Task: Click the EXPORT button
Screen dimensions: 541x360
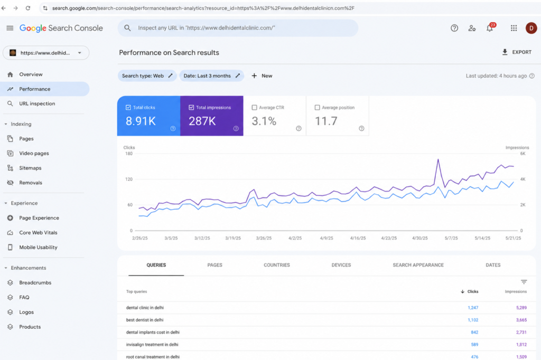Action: pyautogui.click(x=517, y=52)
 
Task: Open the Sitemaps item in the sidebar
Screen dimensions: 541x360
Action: pyautogui.click(x=30, y=168)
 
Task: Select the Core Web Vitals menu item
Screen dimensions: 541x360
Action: pyautogui.click(x=38, y=232)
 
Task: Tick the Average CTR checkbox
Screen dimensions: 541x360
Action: pyautogui.click(x=254, y=108)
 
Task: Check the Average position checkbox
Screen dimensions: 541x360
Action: pyautogui.click(x=317, y=108)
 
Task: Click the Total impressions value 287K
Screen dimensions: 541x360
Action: pyautogui.click(x=202, y=121)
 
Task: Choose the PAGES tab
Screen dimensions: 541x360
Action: pyautogui.click(x=214, y=265)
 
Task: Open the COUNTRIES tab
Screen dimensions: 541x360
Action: pyautogui.click(x=277, y=265)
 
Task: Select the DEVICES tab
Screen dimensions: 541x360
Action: pyautogui.click(x=341, y=265)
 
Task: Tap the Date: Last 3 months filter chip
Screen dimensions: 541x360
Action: pyautogui.click(x=211, y=76)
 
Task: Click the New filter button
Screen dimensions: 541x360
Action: pyautogui.click(x=262, y=76)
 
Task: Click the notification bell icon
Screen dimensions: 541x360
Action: pyautogui.click(x=490, y=29)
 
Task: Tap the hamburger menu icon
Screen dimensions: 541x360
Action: pyautogui.click(x=10, y=28)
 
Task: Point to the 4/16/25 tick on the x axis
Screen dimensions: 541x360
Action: pyautogui.click(x=358, y=238)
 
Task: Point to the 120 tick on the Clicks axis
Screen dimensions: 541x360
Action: pyautogui.click(x=129, y=179)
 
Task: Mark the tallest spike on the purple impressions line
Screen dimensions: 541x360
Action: pyautogui.click(x=438, y=159)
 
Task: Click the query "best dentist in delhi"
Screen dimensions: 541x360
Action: pyautogui.click(x=145, y=320)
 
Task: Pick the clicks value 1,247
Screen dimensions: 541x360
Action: pyautogui.click(x=473, y=308)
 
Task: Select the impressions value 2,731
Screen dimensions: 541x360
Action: pyautogui.click(x=521, y=333)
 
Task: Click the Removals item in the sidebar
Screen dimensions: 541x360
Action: pyautogui.click(x=30, y=183)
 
